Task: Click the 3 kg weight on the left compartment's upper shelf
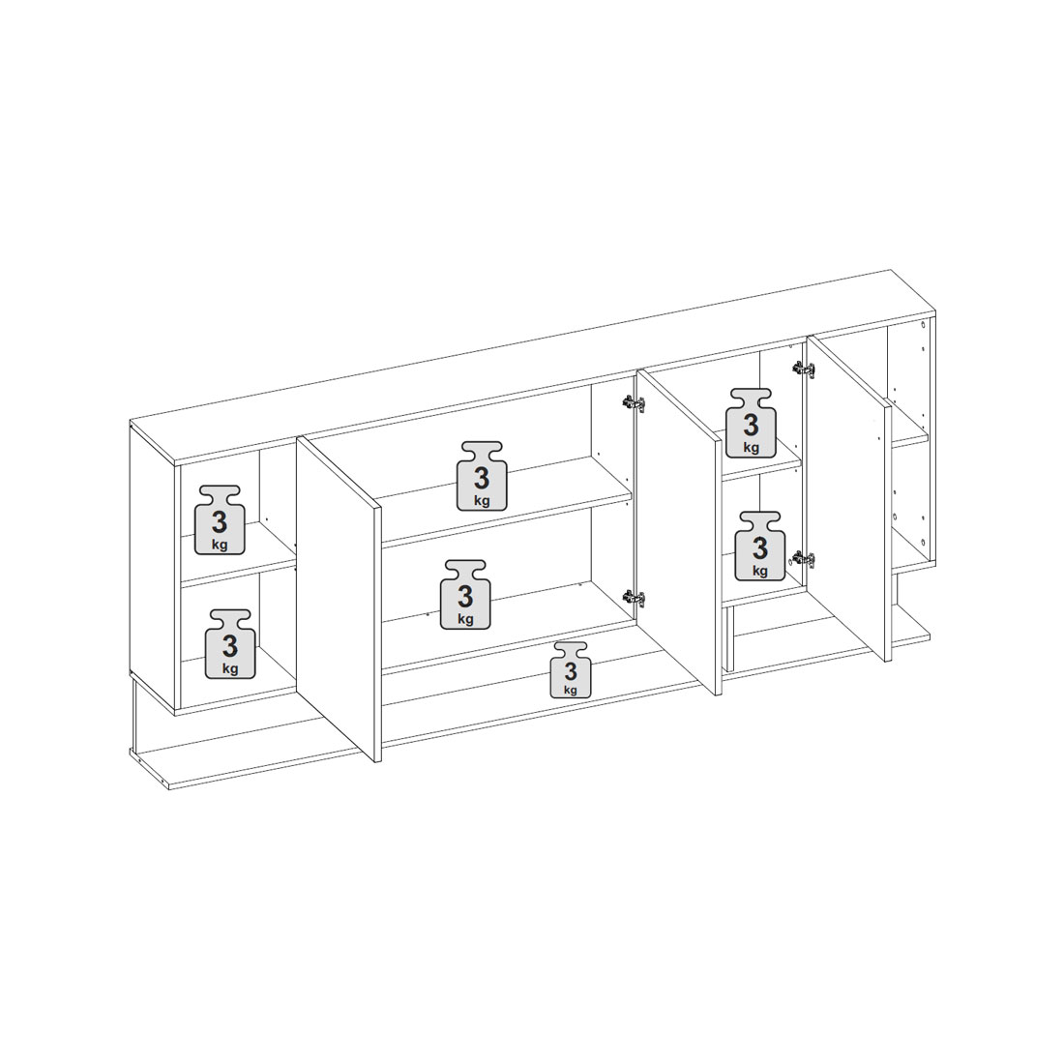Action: [x=220, y=519]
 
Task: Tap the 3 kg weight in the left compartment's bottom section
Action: [x=230, y=643]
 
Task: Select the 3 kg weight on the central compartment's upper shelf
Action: [x=482, y=476]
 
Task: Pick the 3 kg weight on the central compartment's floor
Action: [x=465, y=595]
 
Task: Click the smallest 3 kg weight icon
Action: [x=570, y=669]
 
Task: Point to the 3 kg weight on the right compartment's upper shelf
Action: [x=752, y=423]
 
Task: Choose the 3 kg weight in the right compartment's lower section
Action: [x=760, y=547]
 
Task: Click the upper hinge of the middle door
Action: [x=634, y=403]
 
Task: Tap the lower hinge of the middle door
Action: [x=634, y=599]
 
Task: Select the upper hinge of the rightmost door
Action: [x=804, y=369]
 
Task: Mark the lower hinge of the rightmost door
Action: [x=803, y=559]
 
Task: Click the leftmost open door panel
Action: [x=339, y=599]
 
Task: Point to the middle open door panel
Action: [x=677, y=532]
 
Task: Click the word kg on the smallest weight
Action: [x=570, y=690]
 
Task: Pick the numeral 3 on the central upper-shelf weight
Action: [x=482, y=479]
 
